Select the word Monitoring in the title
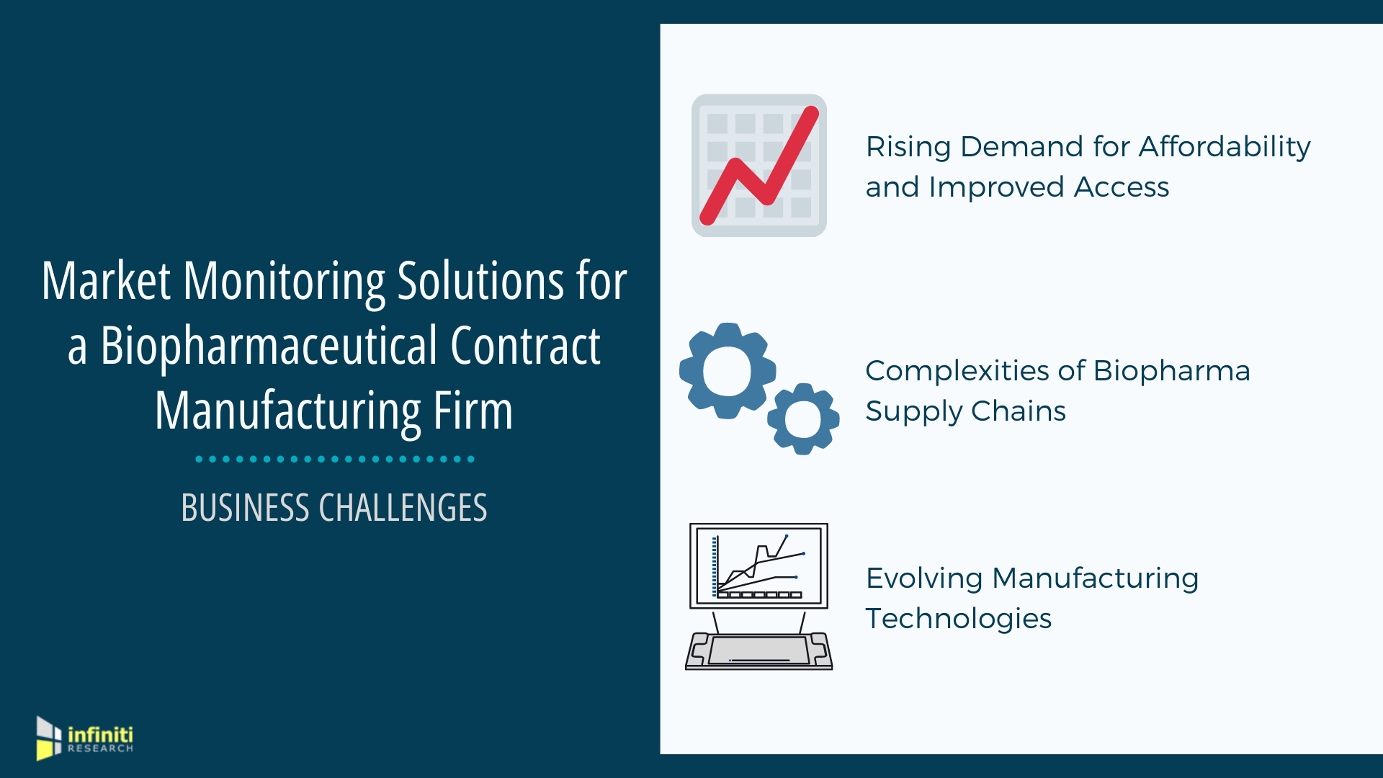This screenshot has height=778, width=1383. [x=284, y=282]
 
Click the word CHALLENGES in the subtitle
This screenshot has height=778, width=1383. [x=403, y=507]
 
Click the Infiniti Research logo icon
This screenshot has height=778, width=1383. [x=48, y=738]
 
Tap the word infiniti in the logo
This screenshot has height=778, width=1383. [x=100, y=735]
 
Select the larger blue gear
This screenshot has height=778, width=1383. [x=728, y=370]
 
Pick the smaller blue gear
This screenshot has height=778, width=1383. [x=803, y=419]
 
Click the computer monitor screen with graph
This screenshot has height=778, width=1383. [x=758, y=566]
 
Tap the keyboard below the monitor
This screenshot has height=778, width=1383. [x=759, y=650]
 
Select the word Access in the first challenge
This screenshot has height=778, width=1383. [x=1122, y=187]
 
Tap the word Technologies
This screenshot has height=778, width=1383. [x=959, y=619]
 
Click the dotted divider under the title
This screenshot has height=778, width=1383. [x=335, y=459]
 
